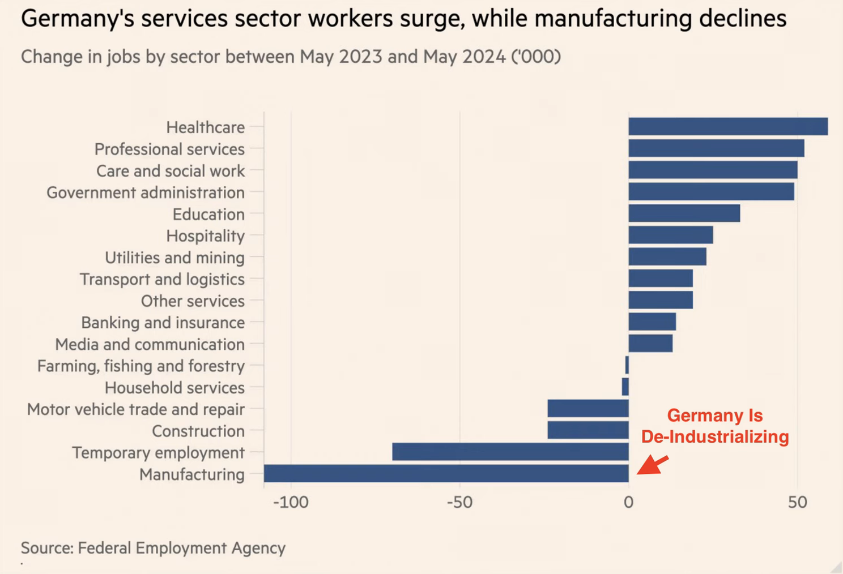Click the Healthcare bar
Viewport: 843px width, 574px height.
pyautogui.click(x=728, y=127)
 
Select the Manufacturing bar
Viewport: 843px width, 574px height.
pyautogui.click(x=446, y=474)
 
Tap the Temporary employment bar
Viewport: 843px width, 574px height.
pyautogui.click(x=510, y=452)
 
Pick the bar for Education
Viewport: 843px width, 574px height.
pyautogui.click(x=684, y=213)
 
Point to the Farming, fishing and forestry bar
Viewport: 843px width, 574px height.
pyautogui.click(x=627, y=365)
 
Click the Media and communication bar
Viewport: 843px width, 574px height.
pyautogui.click(x=651, y=344)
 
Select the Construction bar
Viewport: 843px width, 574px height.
pyautogui.click(x=588, y=430)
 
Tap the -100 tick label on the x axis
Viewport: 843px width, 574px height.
pyautogui.click(x=291, y=502)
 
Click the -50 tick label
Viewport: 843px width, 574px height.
pyautogui.click(x=459, y=502)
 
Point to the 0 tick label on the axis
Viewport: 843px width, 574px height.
pyautogui.click(x=628, y=502)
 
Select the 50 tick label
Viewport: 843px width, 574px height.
pyautogui.click(x=797, y=502)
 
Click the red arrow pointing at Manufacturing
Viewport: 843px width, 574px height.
pyautogui.click(x=653, y=464)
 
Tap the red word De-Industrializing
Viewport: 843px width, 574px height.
pyautogui.click(x=715, y=437)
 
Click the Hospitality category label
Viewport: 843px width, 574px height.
pyautogui.click(x=206, y=235)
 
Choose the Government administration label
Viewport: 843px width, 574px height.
pyautogui.click(x=146, y=192)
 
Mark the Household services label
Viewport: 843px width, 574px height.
pyautogui.click(x=174, y=388)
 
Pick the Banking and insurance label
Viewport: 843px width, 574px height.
pyautogui.click(x=163, y=323)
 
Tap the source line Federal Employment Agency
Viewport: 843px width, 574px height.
pyautogui.click(x=181, y=548)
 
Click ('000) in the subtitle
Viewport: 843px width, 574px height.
pyautogui.click(x=536, y=57)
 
